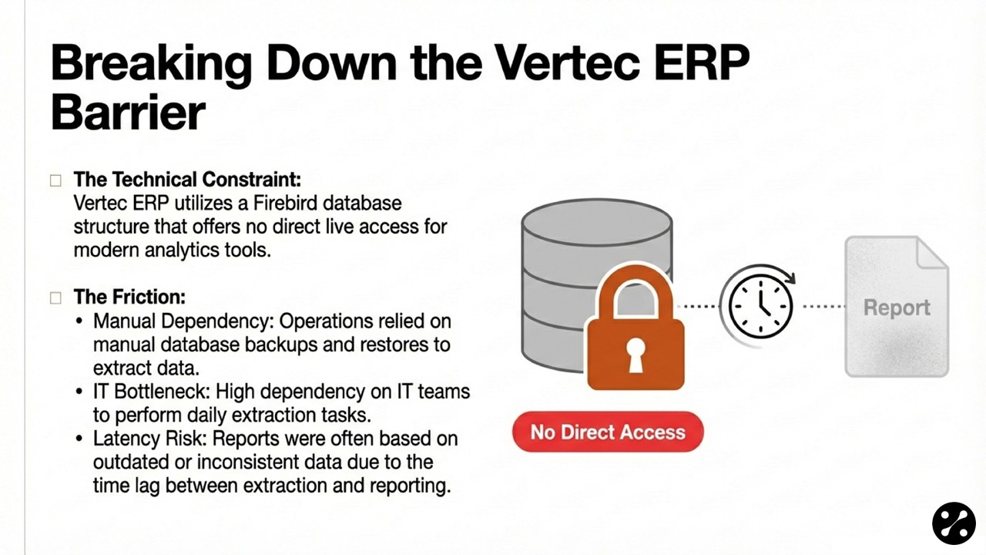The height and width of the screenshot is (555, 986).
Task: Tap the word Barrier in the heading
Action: point(128,113)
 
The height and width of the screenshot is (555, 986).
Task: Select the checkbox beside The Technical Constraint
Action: point(55,180)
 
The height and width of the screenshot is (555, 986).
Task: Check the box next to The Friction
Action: point(55,298)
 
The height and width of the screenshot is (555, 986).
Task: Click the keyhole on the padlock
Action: point(636,355)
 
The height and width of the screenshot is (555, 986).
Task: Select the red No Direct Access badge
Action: point(608,432)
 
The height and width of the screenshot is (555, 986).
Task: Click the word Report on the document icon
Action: point(897,308)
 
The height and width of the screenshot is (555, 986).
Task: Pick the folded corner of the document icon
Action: point(932,252)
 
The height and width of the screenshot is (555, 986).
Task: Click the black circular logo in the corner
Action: point(954,523)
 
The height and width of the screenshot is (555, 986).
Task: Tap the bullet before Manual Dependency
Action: point(79,321)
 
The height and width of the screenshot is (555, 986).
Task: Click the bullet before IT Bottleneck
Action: point(79,391)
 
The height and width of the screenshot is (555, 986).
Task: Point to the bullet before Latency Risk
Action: point(79,439)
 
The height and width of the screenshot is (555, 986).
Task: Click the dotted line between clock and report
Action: point(824,306)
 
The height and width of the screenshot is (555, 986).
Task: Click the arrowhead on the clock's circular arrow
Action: point(790,278)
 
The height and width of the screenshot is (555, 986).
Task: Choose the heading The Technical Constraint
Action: point(187,180)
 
